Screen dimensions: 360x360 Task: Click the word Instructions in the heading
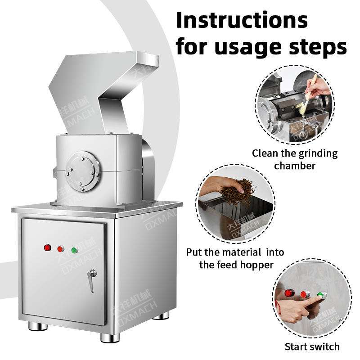[242, 20]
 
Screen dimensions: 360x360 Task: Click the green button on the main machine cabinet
[74, 250]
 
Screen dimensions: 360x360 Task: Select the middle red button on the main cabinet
[61, 249]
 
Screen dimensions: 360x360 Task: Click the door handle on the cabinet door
[92, 280]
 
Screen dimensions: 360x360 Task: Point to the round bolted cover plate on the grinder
[82, 171]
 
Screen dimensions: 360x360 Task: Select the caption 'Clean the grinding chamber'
[295, 159]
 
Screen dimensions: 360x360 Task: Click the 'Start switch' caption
[312, 346]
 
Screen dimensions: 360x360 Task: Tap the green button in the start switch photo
[321, 295]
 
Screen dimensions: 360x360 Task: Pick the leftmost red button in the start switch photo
[289, 293]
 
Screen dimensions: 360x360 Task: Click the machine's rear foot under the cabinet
[162, 316]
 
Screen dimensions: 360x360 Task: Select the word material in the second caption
[242, 252]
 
